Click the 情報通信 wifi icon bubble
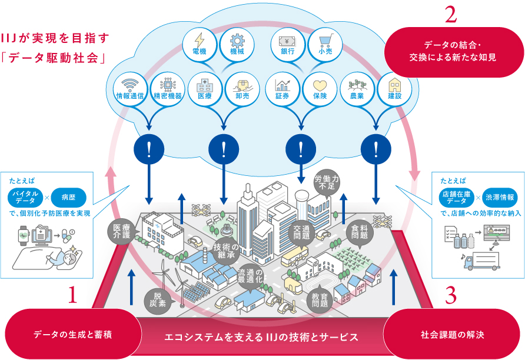coord(131,88)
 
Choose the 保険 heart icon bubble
coord(320,88)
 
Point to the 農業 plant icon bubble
coord(357,88)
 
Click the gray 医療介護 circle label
coord(121,232)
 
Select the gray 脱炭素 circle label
coord(161,299)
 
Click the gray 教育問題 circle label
coord(320,301)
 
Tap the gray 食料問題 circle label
coord(360,231)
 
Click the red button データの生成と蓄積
coord(73,335)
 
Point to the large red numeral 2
coord(451,16)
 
